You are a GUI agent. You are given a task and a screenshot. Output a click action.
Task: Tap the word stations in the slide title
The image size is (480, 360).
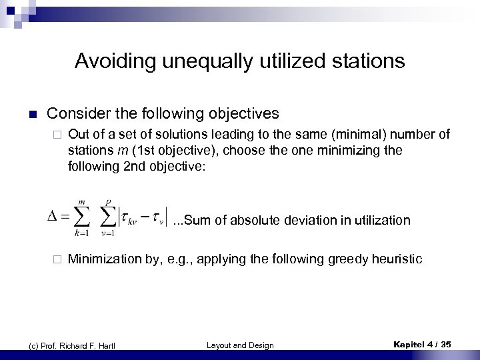(366, 62)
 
